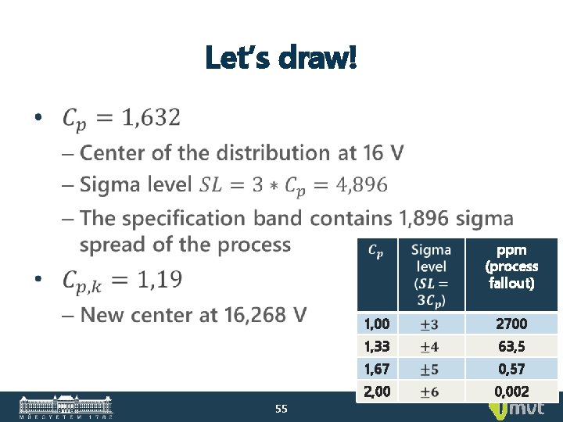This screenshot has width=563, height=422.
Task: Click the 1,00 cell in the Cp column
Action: (377, 324)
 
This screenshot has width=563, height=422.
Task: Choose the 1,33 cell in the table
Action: (377, 346)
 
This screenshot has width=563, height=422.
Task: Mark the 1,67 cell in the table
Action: (377, 369)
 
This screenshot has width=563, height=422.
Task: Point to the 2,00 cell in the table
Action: (377, 392)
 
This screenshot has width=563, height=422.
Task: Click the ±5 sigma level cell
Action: (430, 369)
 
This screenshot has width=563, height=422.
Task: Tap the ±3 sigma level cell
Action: (430, 324)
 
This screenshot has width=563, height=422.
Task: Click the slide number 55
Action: (281, 408)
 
